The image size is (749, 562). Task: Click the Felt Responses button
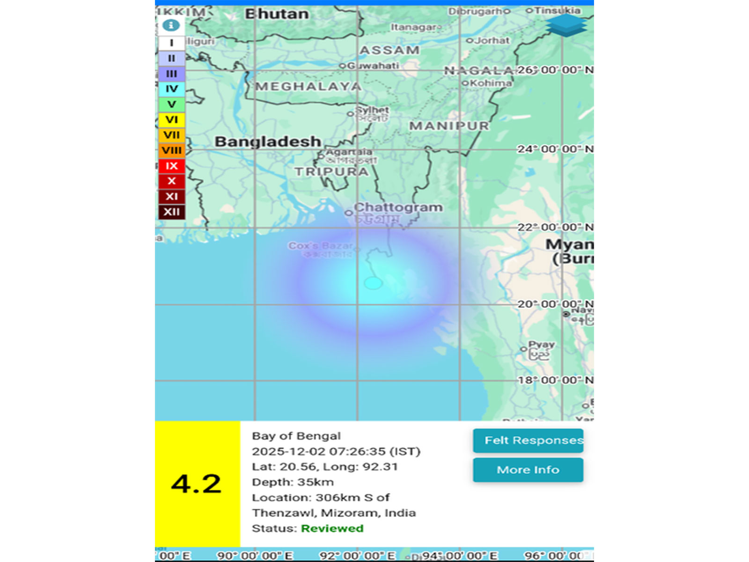click(x=528, y=441)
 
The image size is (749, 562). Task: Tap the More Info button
click(x=528, y=470)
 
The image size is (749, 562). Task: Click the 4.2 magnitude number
click(x=197, y=484)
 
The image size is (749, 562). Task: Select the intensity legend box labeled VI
click(x=172, y=120)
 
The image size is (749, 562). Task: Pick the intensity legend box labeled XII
click(x=172, y=212)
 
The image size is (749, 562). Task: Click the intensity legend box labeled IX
click(x=172, y=166)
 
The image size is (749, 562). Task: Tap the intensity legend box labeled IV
click(x=172, y=89)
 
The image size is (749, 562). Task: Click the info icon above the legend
click(x=171, y=25)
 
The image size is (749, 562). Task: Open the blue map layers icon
click(x=566, y=25)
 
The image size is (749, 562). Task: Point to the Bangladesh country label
click(x=267, y=141)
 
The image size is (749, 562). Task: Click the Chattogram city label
click(x=398, y=207)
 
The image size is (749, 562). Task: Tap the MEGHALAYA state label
click(x=308, y=87)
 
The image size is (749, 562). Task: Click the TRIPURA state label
click(x=331, y=172)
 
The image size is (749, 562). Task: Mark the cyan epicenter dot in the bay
click(x=373, y=283)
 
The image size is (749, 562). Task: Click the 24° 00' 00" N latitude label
click(x=555, y=149)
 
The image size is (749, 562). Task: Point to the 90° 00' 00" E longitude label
click(x=255, y=555)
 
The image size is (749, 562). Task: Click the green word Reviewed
click(x=332, y=528)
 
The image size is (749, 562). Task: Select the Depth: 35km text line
click(x=293, y=482)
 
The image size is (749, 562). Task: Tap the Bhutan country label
click(x=277, y=14)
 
